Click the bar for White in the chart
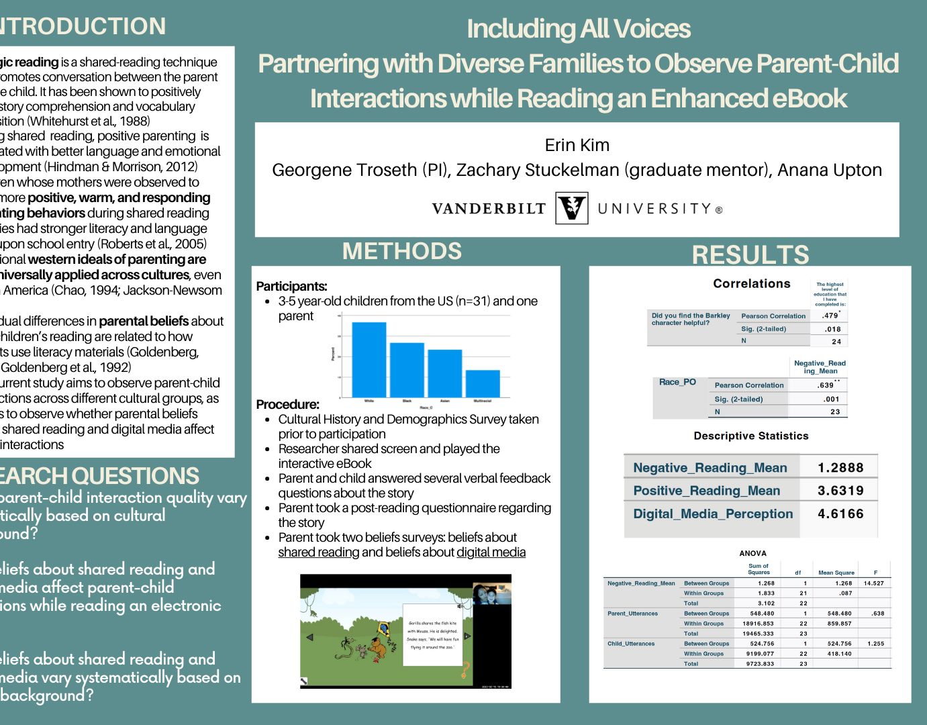369,359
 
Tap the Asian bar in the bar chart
444,373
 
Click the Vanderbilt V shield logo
572,207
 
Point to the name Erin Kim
577,145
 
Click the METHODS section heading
401,251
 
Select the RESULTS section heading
750,255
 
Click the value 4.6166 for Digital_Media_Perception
840,514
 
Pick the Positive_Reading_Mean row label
706,491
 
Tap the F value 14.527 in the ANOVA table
873,583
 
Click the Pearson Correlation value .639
826,385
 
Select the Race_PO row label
677,382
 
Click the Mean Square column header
836,573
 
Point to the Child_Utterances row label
630,644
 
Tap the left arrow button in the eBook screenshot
309,637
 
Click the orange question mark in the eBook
465,669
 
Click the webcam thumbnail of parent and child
491,593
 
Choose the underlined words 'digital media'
491,552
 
